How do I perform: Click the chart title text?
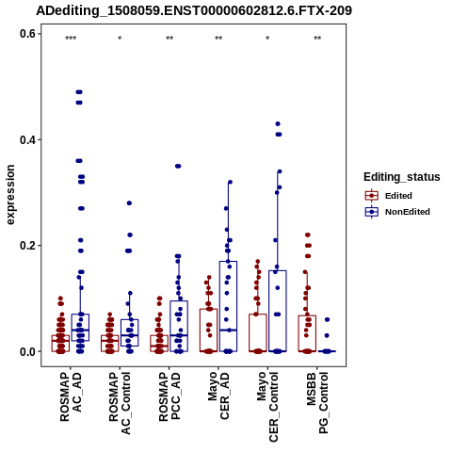[194, 11]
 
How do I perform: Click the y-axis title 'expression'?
[10, 195]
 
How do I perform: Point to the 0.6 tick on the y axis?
[26, 34]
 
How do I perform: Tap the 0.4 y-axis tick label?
[26, 139]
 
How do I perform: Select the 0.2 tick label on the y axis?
[26, 246]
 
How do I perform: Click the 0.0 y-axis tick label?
[26, 351]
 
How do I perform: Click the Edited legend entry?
[389, 196]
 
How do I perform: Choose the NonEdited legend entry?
[397, 212]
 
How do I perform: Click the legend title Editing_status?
[402, 177]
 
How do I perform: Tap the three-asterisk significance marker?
[71, 39]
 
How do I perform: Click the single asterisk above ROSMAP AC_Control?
[120, 39]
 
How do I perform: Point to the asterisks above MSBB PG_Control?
[317, 39]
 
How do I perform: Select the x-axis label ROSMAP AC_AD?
[71, 396]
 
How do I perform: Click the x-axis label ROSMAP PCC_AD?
[169, 396]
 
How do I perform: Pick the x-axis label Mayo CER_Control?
[267, 407]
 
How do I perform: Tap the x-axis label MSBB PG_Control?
[317, 403]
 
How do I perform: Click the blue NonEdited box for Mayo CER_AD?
[228, 306]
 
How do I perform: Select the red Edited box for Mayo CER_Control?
[258, 332]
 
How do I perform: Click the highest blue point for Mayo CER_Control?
[278, 124]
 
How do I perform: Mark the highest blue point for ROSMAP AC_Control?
[129, 203]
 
